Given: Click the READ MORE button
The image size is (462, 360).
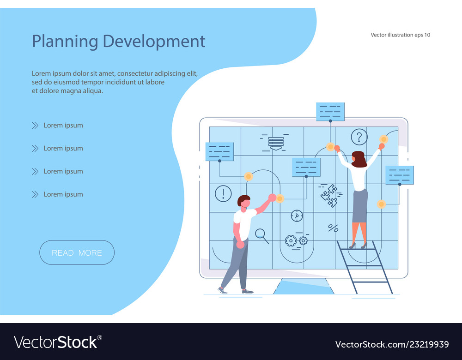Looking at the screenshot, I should (77, 252).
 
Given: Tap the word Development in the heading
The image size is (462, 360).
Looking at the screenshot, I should (154, 41).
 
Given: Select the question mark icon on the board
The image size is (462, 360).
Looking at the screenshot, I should (359, 137).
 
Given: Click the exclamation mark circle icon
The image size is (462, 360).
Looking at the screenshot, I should (223, 193).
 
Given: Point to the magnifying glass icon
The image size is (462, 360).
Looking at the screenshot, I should (261, 235).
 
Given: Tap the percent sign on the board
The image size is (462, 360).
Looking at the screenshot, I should (333, 228).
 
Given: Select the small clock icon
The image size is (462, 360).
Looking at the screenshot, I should (297, 216).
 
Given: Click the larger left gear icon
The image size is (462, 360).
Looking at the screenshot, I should (291, 240).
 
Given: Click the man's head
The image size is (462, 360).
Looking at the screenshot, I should (243, 201).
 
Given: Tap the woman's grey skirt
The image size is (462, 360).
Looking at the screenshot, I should (360, 206).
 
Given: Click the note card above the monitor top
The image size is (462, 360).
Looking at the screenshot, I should (330, 112).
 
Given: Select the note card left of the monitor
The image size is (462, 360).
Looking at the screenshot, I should (219, 151).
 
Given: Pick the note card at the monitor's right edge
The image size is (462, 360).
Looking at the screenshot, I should (400, 175).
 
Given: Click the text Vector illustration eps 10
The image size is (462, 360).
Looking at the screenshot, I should (400, 35).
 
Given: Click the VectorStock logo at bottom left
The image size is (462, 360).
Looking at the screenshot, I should (58, 342).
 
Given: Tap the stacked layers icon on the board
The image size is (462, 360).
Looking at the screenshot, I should (276, 143).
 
